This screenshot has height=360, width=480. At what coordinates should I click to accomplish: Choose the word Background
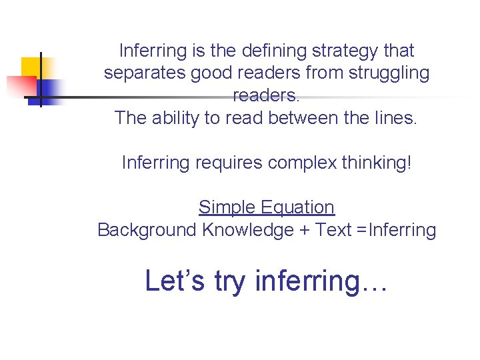[147, 230]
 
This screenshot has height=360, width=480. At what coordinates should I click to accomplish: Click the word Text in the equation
[333, 230]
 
